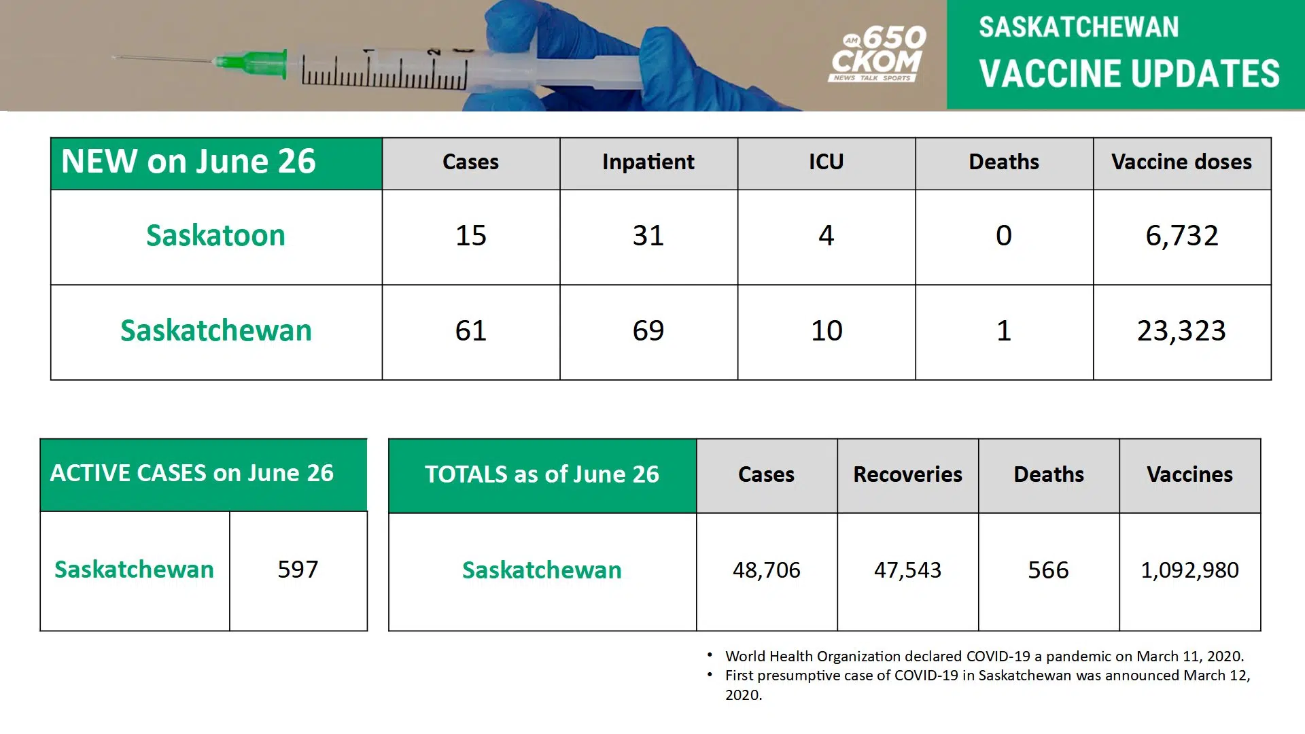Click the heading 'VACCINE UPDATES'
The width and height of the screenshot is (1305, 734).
point(1129,73)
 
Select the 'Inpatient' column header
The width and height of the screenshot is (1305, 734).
point(648,162)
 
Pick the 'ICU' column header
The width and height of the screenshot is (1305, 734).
point(826,162)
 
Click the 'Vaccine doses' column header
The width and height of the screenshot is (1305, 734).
point(1181,162)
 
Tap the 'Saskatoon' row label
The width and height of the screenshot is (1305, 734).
point(215,236)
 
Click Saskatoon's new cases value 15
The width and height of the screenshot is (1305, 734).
point(470,236)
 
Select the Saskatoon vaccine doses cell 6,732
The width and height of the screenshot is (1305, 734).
point(1181,236)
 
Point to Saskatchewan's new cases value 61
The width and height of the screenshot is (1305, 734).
point(470,331)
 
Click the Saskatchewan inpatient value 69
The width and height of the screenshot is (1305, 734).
point(648,331)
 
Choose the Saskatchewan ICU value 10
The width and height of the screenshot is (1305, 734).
point(826,331)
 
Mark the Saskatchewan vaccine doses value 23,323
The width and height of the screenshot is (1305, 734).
point(1181,331)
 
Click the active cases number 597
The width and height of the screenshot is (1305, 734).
point(298,570)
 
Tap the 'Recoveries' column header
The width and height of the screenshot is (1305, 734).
point(907,474)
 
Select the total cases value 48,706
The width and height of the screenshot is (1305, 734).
point(766,570)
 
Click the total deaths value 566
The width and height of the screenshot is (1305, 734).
point(1048,570)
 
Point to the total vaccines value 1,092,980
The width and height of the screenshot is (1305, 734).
point(1189,570)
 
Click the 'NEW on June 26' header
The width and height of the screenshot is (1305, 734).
point(189,162)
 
